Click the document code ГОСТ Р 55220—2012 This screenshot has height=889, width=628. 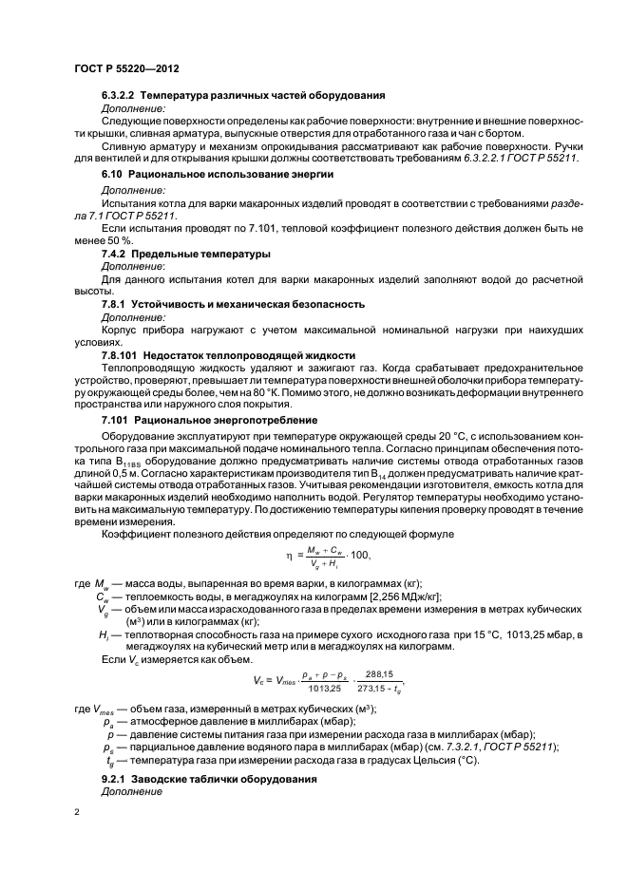(x=126, y=69)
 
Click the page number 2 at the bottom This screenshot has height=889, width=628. (x=77, y=812)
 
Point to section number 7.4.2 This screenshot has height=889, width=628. (x=116, y=255)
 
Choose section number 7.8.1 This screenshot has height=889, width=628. (x=116, y=304)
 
